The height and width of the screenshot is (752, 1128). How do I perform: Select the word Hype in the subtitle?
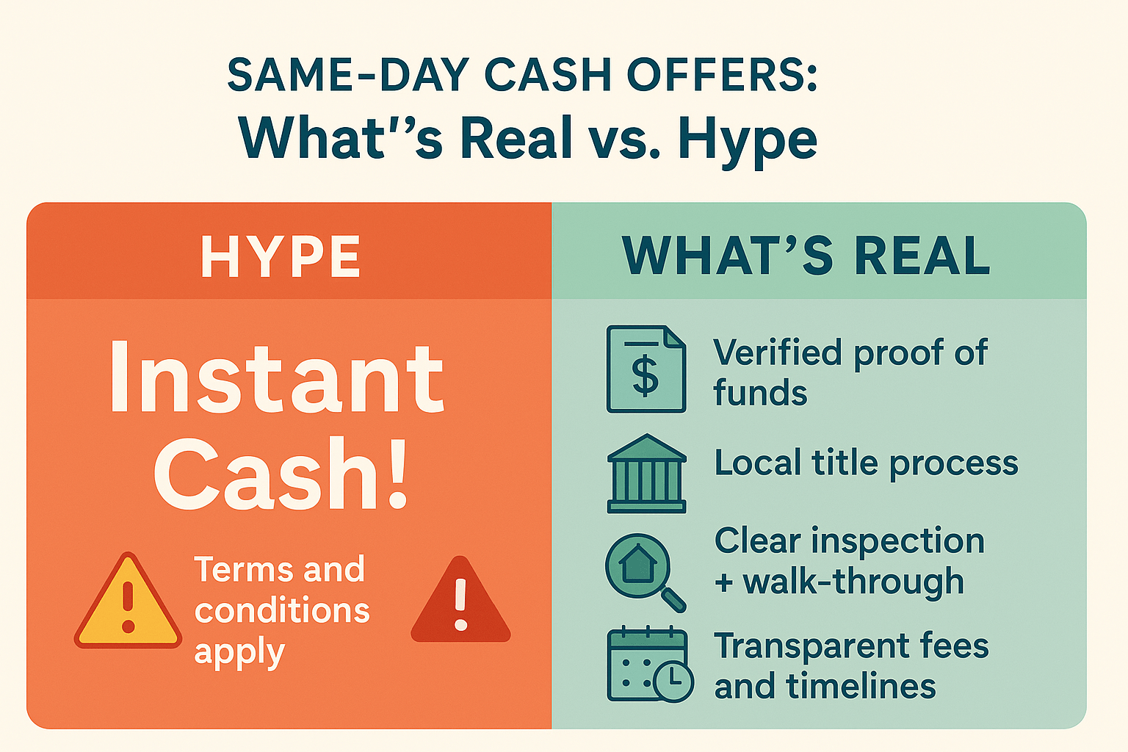coord(747,140)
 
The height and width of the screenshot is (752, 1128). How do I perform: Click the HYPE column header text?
coord(281,257)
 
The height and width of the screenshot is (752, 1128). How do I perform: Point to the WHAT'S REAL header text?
coord(806,256)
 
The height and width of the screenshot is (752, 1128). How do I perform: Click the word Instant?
coord(277,378)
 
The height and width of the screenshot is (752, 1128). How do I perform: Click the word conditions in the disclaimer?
coord(282,611)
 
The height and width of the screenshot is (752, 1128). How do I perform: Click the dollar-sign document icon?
coord(646,369)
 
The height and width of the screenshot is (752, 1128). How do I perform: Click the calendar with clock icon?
coord(649,665)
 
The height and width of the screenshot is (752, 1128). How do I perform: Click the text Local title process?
coord(866,463)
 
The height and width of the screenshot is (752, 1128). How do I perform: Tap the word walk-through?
coord(853,582)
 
